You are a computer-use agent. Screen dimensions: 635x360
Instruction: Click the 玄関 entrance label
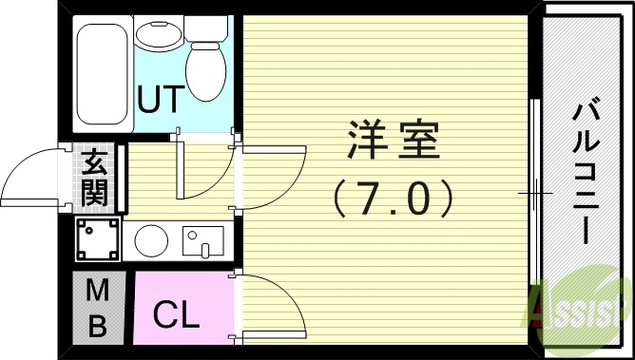tap(94, 178)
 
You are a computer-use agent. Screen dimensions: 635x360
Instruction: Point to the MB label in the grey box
tap(97, 307)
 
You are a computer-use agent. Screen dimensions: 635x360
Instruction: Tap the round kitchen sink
tap(150, 241)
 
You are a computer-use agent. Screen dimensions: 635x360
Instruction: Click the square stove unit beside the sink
tap(97, 240)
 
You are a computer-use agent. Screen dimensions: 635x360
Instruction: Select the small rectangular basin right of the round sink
tap(202, 241)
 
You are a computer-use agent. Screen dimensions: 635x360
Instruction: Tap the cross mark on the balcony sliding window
tap(535, 194)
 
